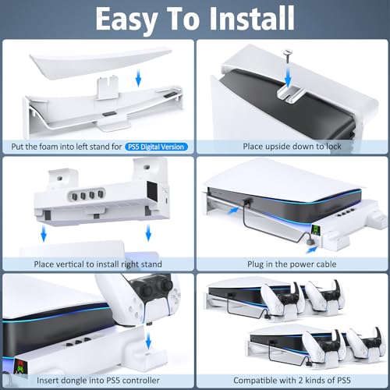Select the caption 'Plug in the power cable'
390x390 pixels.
click(290, 264)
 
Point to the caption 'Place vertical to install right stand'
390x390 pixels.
click(97, 264)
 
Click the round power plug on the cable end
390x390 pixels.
click(315, 242)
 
